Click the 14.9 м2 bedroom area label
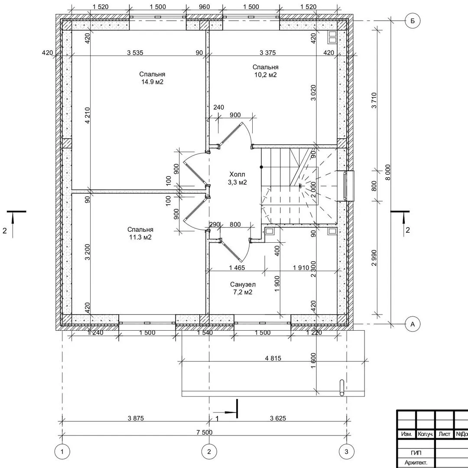click(152, 82)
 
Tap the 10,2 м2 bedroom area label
click(265, 75)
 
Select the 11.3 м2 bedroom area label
click(140, 237)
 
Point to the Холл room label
click(237, 174)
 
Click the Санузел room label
click(243, 284)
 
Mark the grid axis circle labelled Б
click(413, 21)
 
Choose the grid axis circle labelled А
click(413, 324)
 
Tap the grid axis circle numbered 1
click(62, 452)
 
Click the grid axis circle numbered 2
click(208, 452)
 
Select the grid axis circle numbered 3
click(346, 452)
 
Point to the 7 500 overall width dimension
click(205, 432)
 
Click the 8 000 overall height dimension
click(388, 172)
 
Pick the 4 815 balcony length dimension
click(273, 358)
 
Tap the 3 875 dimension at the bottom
click(136, 419)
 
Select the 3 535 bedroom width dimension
click(135, 53)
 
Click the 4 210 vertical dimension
click(87, 116)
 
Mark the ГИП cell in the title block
click(416, 453)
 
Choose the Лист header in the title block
click(445, 434)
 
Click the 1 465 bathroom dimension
click(237, 268)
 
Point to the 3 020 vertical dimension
click(313, 93)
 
